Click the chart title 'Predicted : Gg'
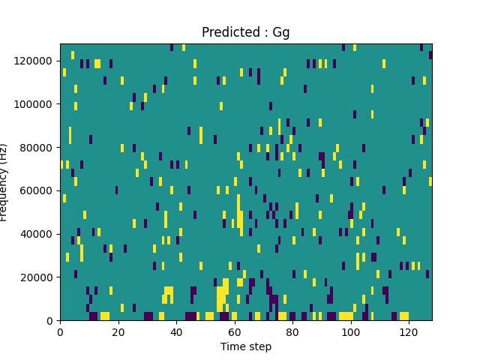click(x=245, y=32)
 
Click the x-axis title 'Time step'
click(x=245, y=346)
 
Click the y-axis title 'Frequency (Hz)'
click(x=4, y=182)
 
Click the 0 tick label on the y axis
click(x=51, y=321)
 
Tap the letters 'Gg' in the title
click(x=281, y=32)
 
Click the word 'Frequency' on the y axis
click(x=4, y=193)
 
